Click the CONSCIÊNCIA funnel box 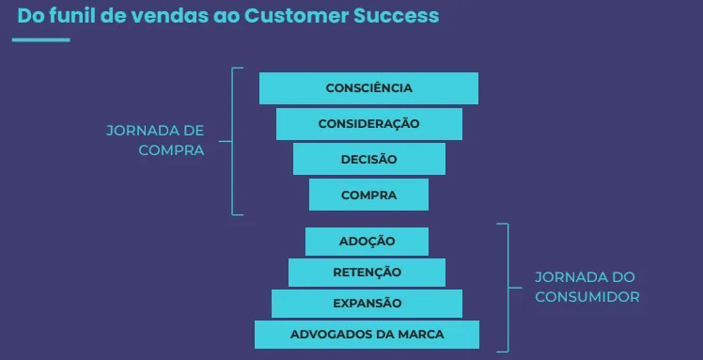(x=368, y=88)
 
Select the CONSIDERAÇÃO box (x=368, y=124)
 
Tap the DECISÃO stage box (x=368, y=159)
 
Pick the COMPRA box (x=368, y=195)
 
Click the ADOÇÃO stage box (x=367, y=242)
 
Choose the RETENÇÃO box (x=367, y=273)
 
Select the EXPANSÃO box (x=367, y=304)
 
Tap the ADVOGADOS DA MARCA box (x=367, y=335)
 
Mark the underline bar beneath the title (x=41, y=39)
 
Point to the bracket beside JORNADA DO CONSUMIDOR (x=508, y=286)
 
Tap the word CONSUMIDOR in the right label (x=587, y=296)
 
